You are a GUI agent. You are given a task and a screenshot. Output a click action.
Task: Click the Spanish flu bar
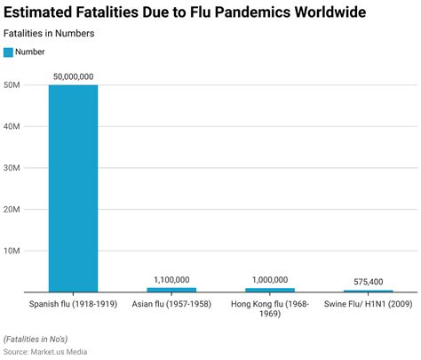point(73,188)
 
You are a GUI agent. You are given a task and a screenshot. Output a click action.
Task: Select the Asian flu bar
point(171,290)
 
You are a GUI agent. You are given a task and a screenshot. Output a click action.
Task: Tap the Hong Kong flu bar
point(270,290)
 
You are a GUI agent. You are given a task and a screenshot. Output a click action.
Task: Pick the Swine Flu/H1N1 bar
point(369,291)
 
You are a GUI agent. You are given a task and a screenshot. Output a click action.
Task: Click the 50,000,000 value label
point(73,76)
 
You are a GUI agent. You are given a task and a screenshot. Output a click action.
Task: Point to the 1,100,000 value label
point(171,279)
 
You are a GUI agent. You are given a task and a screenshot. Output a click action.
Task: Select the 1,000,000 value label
point(270,279)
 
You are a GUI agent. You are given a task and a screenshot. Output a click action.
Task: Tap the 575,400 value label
point(369,282)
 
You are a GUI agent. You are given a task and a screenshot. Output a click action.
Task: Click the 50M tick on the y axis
point(14,85)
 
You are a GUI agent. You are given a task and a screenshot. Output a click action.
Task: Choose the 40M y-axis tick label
point(14,126)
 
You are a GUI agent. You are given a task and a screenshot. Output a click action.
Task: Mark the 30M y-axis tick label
point(14,168)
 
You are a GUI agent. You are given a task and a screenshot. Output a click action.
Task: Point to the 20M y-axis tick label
point(14,209)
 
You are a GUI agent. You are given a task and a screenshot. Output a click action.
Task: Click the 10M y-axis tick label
point(14,251)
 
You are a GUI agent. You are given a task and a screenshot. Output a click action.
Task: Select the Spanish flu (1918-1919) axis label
point(73,305)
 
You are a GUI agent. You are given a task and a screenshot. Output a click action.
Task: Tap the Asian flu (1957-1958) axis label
point(171,305)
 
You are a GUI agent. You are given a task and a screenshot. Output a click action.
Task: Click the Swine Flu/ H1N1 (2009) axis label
point(369,305)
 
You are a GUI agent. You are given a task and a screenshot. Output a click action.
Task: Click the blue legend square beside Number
point(9,52)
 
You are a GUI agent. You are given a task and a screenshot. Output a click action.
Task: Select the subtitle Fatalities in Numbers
point(50,33)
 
